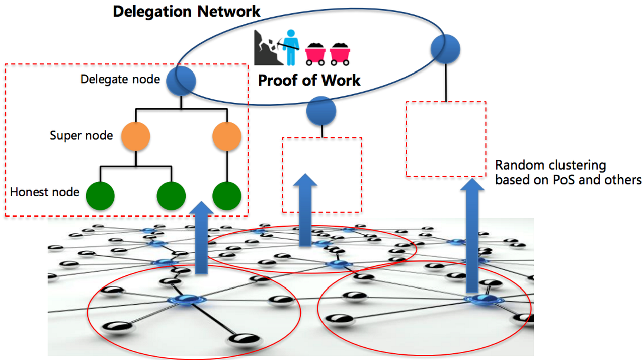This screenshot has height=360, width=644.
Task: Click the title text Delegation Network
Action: click(186, 11)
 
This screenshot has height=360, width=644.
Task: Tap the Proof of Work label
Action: click(309, 80)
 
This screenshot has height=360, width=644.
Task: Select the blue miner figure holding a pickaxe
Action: click(289, 48)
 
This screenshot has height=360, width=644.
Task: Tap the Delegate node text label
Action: click(120, 79)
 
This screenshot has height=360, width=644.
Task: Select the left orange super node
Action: click(136, 136)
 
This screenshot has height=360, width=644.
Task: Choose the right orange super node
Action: click(227, 136)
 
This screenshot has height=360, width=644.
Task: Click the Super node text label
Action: click(81, 135)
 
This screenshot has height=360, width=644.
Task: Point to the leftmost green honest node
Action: click(100, 196)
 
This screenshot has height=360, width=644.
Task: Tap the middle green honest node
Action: click(172, 196)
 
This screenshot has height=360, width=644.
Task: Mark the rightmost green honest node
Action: click(227, 196)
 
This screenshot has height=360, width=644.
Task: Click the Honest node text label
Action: click(45, 192)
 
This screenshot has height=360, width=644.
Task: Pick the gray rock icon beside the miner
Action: click(265, 48)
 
